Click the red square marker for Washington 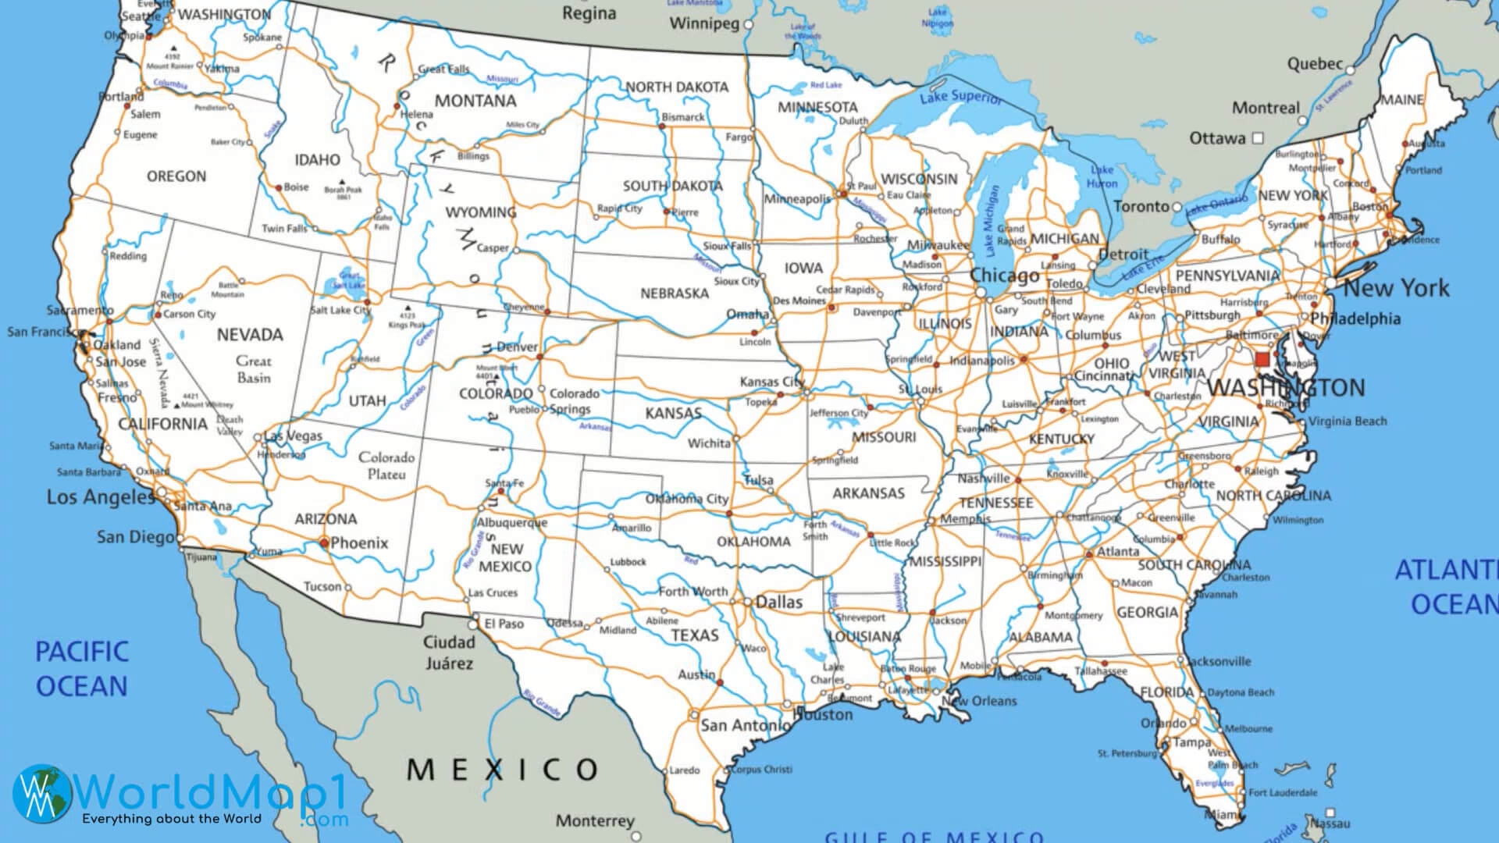pos(1262,360)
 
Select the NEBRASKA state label pos(675,293)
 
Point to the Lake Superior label pos(960,97)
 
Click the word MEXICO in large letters pos(502,770)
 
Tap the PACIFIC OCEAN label pos(81,669)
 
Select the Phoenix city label pos(359,542)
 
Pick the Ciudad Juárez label pos(449,653)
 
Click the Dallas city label pos(778,602)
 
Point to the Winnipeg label pos(703,23)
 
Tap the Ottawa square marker pos(1257,138)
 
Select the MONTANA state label pos(475,101)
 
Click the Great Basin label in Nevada pos(254,369)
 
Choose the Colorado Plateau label pos(386,465)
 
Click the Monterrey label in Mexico pos(595,820)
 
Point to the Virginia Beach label pos(1348,421)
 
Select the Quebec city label pos(1315,64)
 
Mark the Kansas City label pos(771,382)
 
